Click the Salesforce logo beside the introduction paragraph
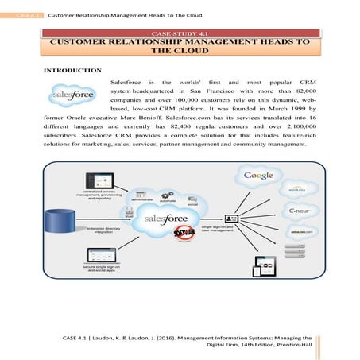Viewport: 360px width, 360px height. pos(73,96)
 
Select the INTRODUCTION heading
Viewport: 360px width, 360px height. pos(72,70)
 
